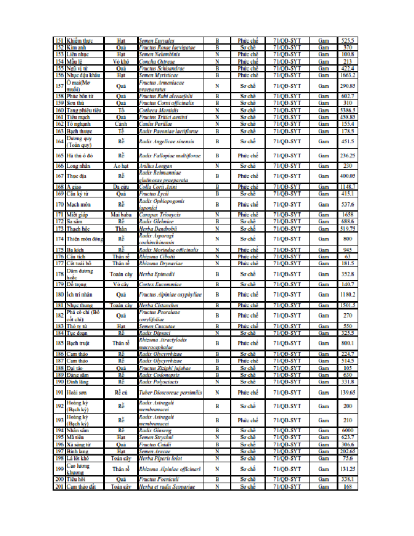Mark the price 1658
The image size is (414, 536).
point(348,215)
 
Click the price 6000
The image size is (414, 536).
point(348,432)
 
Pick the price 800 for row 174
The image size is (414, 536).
point(348,239)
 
